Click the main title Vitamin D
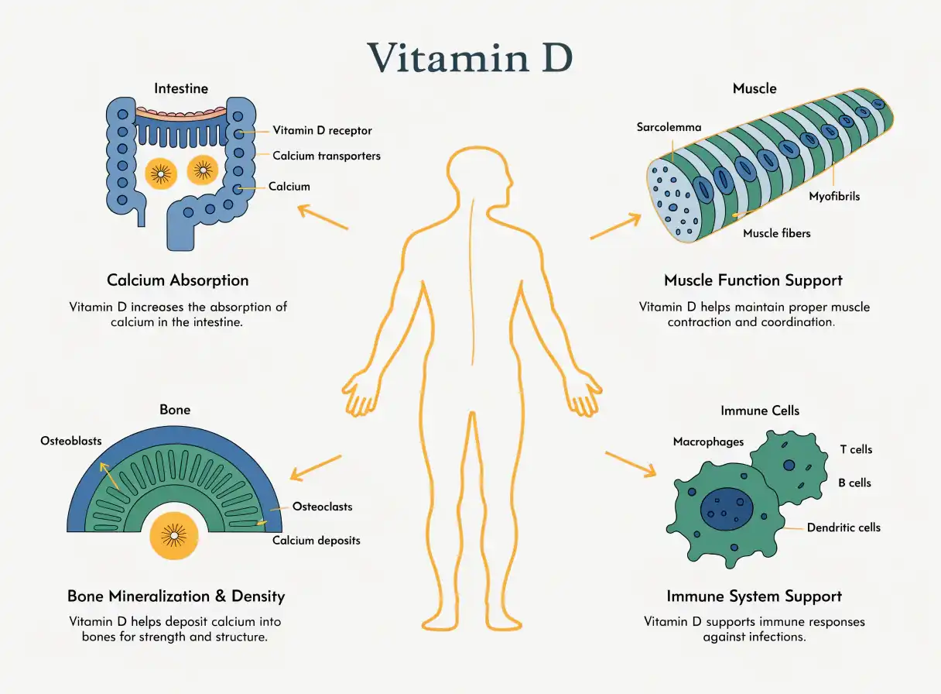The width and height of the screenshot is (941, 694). click(x=470, y=57)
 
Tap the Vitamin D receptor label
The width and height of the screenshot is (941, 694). click(x=322, y=130)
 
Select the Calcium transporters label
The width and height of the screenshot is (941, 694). click(x=327, y=156)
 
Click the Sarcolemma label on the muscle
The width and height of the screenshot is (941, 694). click(x=669, y=127)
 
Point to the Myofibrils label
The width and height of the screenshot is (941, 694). click(x=834, y=196)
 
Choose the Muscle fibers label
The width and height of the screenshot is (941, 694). click(x=777, y=233)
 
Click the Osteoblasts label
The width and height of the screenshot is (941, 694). click(x=71, y=441)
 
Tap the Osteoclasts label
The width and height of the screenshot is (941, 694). click(x=322, y=507)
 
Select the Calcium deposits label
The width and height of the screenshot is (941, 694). click(x=317, y=540)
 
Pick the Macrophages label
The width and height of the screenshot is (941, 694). click(x=708, y=441)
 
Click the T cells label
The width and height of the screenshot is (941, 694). click(x=856, y=449)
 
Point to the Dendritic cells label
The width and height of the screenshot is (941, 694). click(x=843, y=527)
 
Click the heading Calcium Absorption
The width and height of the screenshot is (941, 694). click(x=178, y=280)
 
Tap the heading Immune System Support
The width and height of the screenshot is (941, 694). click(x=754, y=596)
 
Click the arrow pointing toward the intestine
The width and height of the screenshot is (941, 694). click(x=323, y=217)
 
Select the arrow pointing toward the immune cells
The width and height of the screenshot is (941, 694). click(x=631, y=465)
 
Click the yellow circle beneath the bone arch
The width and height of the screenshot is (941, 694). click(x=174, y=535)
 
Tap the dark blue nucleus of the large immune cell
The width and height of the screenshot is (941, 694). click(x=727, y=509)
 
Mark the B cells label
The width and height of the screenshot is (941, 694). click(x=854, y=483)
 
